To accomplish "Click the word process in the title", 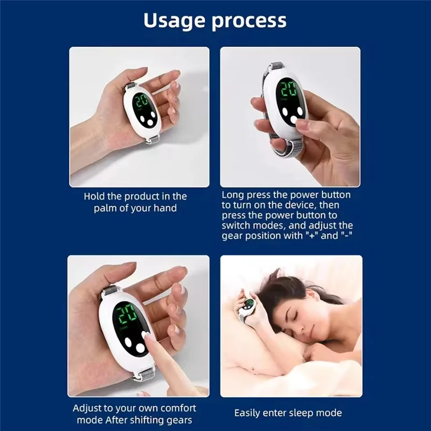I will [x=251, y=21].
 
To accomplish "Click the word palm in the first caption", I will [x=105, y=208].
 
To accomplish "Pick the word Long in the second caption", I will [x=232, y=194].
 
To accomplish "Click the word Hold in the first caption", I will [x=94, y=197].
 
